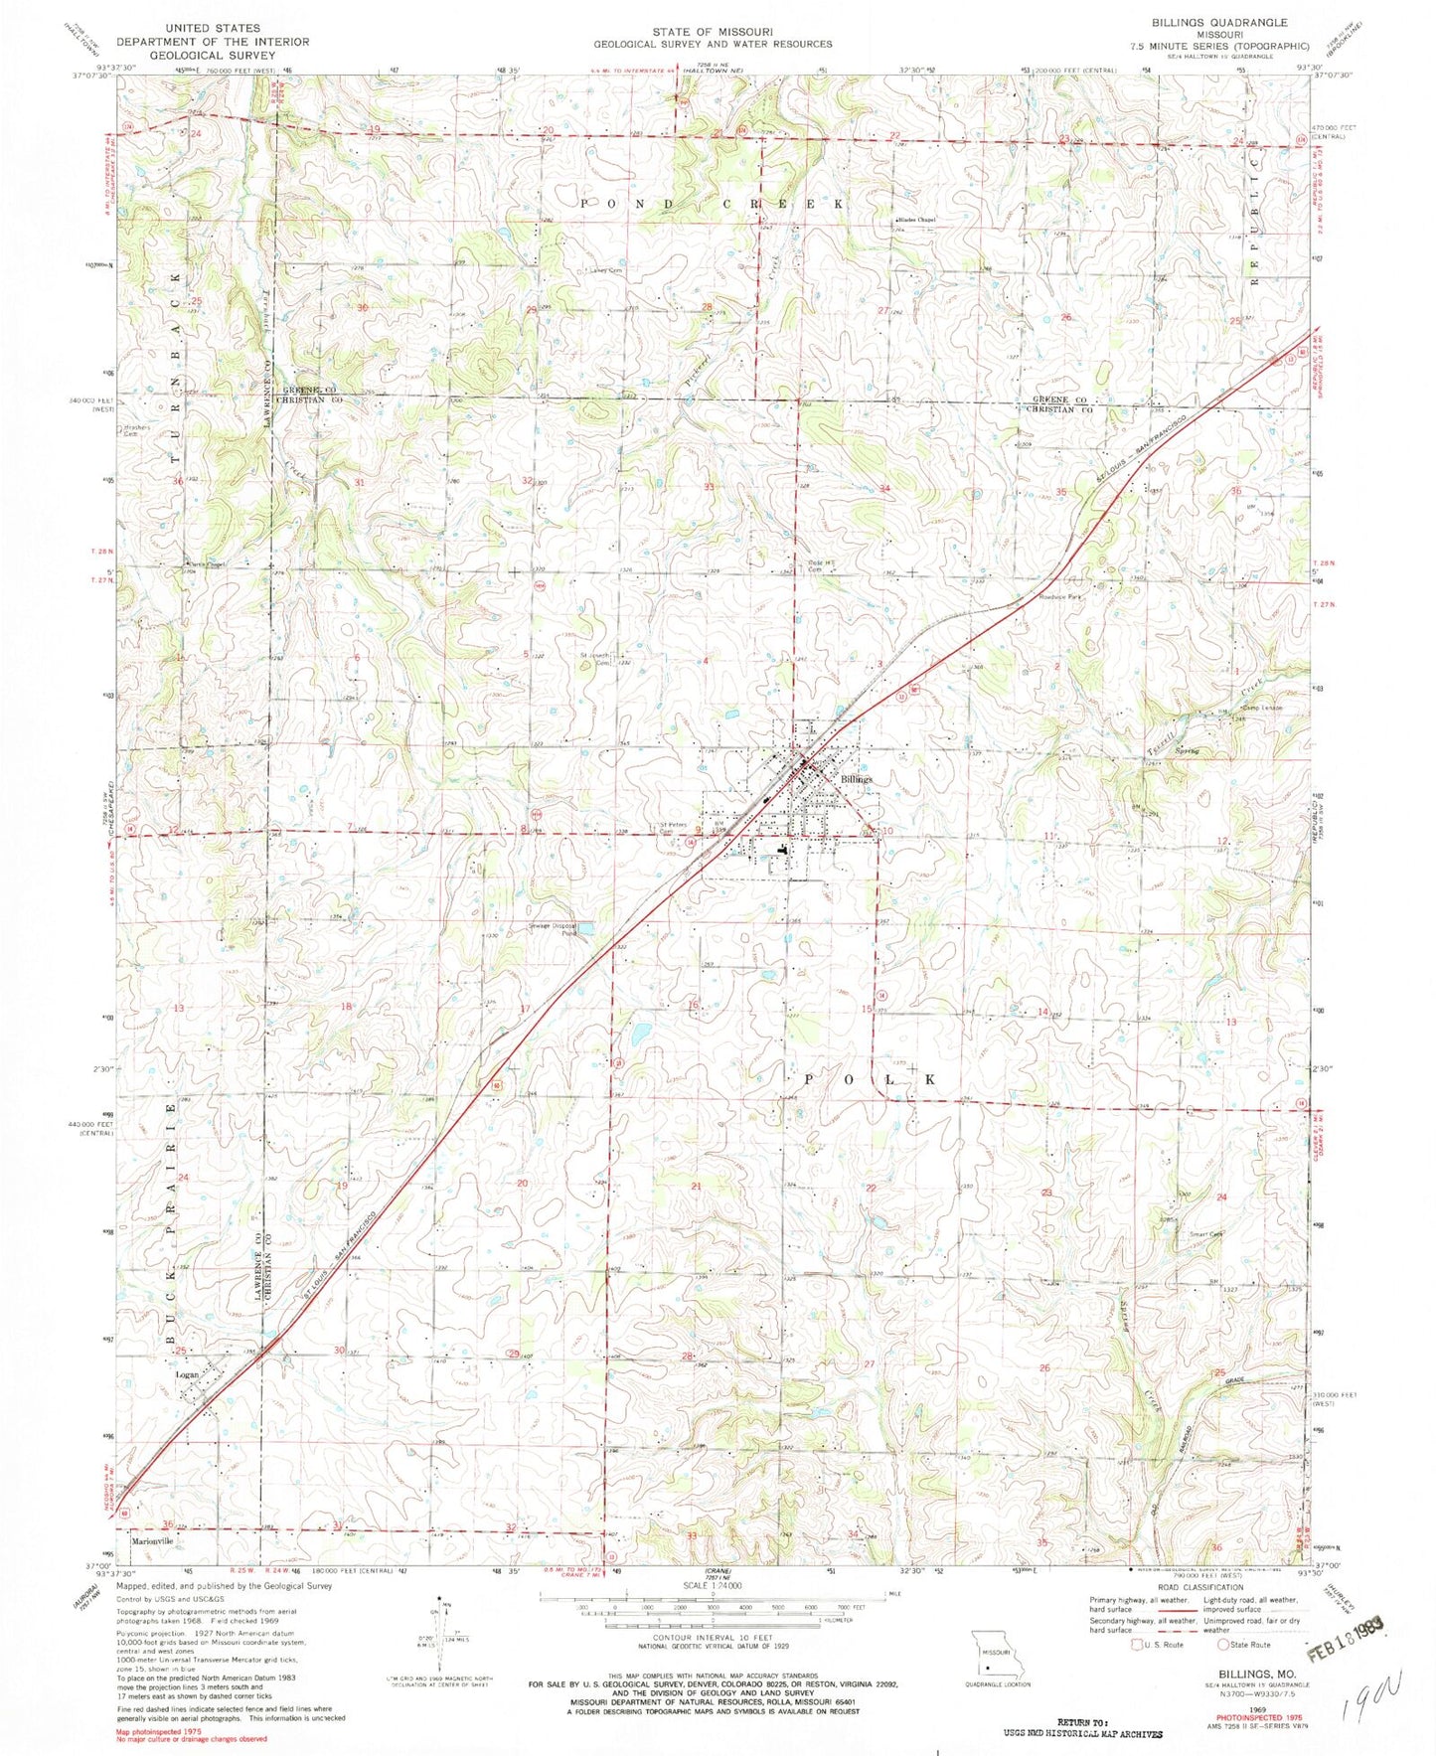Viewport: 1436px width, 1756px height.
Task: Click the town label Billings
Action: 856,780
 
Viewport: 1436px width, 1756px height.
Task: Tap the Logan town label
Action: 187,1374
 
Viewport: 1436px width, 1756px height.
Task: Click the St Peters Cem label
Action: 669,827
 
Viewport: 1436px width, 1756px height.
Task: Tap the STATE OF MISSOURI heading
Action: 713,31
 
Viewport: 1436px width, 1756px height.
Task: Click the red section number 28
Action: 686,1357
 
